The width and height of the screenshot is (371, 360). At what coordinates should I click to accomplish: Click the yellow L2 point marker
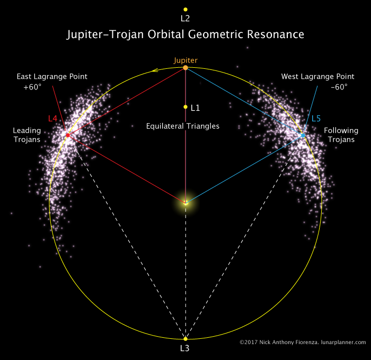tap(185, 10)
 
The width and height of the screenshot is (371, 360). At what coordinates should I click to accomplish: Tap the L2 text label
tap(185, 19)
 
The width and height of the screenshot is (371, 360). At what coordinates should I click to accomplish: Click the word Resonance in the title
tap(276, 34)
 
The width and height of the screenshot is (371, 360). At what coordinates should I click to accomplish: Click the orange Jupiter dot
tap(185, 68)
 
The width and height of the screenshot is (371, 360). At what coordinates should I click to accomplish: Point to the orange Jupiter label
tap(185, 60)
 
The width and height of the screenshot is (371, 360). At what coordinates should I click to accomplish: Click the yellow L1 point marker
tap(185, 107)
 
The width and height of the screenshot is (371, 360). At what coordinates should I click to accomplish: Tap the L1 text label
tap(195, 108)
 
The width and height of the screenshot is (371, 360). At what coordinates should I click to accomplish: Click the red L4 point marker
tap(68, 135)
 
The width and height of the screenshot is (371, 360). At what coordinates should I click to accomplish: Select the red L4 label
tap(53, 119)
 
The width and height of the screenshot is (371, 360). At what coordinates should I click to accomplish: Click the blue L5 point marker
tap(303, 136)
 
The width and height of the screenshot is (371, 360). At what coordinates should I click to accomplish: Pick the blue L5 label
tap(316, 119)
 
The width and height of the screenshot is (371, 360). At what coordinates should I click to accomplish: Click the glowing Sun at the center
tap(185, 203)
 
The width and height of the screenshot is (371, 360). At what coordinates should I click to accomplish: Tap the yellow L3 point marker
tap(185, 339)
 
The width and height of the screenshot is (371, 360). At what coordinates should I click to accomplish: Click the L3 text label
tap(185, 348)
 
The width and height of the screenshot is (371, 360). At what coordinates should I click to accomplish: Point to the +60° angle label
tap(32, 87)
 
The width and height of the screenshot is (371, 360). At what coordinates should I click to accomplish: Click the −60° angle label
tap(339, 87)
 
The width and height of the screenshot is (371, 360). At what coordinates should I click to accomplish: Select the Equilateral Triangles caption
tap(183, 126)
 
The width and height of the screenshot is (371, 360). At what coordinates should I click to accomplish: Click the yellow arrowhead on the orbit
tap(155, 70)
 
